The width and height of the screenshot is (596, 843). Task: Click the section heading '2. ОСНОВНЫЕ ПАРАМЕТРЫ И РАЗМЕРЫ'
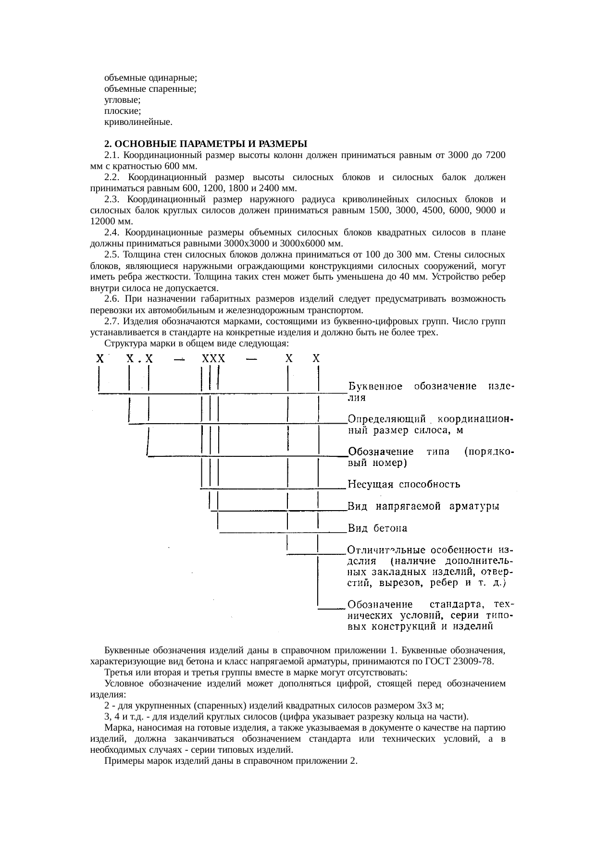tap(206, 144)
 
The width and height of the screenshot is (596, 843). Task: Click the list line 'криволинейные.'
tap(138, 122)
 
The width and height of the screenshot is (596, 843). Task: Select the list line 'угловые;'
tap(122, 100)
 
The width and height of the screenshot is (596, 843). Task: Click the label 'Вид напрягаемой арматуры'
tap(423, 506)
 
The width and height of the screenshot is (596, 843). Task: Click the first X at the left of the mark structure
tap(100, 358)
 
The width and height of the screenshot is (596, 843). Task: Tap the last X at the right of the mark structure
tap(316, 358)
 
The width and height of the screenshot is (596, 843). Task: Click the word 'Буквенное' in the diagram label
tap(375, 386)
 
